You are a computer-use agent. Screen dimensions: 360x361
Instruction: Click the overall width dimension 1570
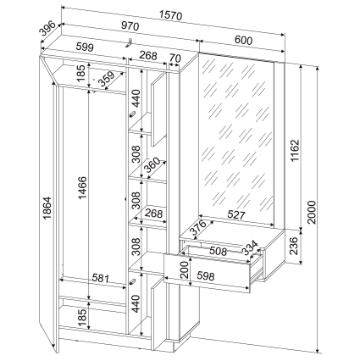[171, 15]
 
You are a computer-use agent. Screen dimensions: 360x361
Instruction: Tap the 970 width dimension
[130, 25]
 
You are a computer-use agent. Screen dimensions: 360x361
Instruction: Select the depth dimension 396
[47, 29]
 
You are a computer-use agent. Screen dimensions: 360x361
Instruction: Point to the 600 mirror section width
[243, 41]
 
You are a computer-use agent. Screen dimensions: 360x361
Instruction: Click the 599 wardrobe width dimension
[85, 47]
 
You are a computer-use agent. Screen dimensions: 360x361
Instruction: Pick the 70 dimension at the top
[175, 58]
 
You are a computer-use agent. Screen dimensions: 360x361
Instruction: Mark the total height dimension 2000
[312, 212]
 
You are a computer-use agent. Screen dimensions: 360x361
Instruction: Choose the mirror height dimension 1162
[295, 151]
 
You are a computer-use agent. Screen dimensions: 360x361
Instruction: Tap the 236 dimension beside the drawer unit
[294, 246]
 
